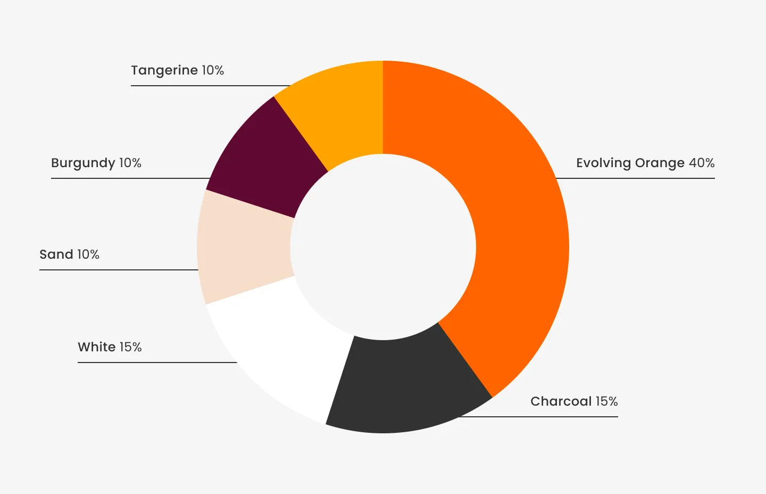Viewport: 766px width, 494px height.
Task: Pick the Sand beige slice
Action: [245, 248]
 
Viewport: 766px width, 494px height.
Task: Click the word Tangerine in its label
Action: [164, 70]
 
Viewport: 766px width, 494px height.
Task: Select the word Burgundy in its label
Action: [83, 163]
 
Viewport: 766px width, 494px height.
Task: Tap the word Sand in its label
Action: [56, 254]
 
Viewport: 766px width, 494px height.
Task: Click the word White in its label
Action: [97, 347]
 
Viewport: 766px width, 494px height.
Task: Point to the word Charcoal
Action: [561, 401]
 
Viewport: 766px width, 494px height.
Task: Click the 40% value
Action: [702, 163]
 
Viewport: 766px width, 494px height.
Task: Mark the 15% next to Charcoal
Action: [606, 401]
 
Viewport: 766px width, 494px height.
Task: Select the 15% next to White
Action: [131, 347]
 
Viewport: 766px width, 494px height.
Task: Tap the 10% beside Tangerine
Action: [213, 70]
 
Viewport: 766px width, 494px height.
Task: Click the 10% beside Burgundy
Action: [130, 163]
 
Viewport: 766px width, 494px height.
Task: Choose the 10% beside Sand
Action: [88, 254]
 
